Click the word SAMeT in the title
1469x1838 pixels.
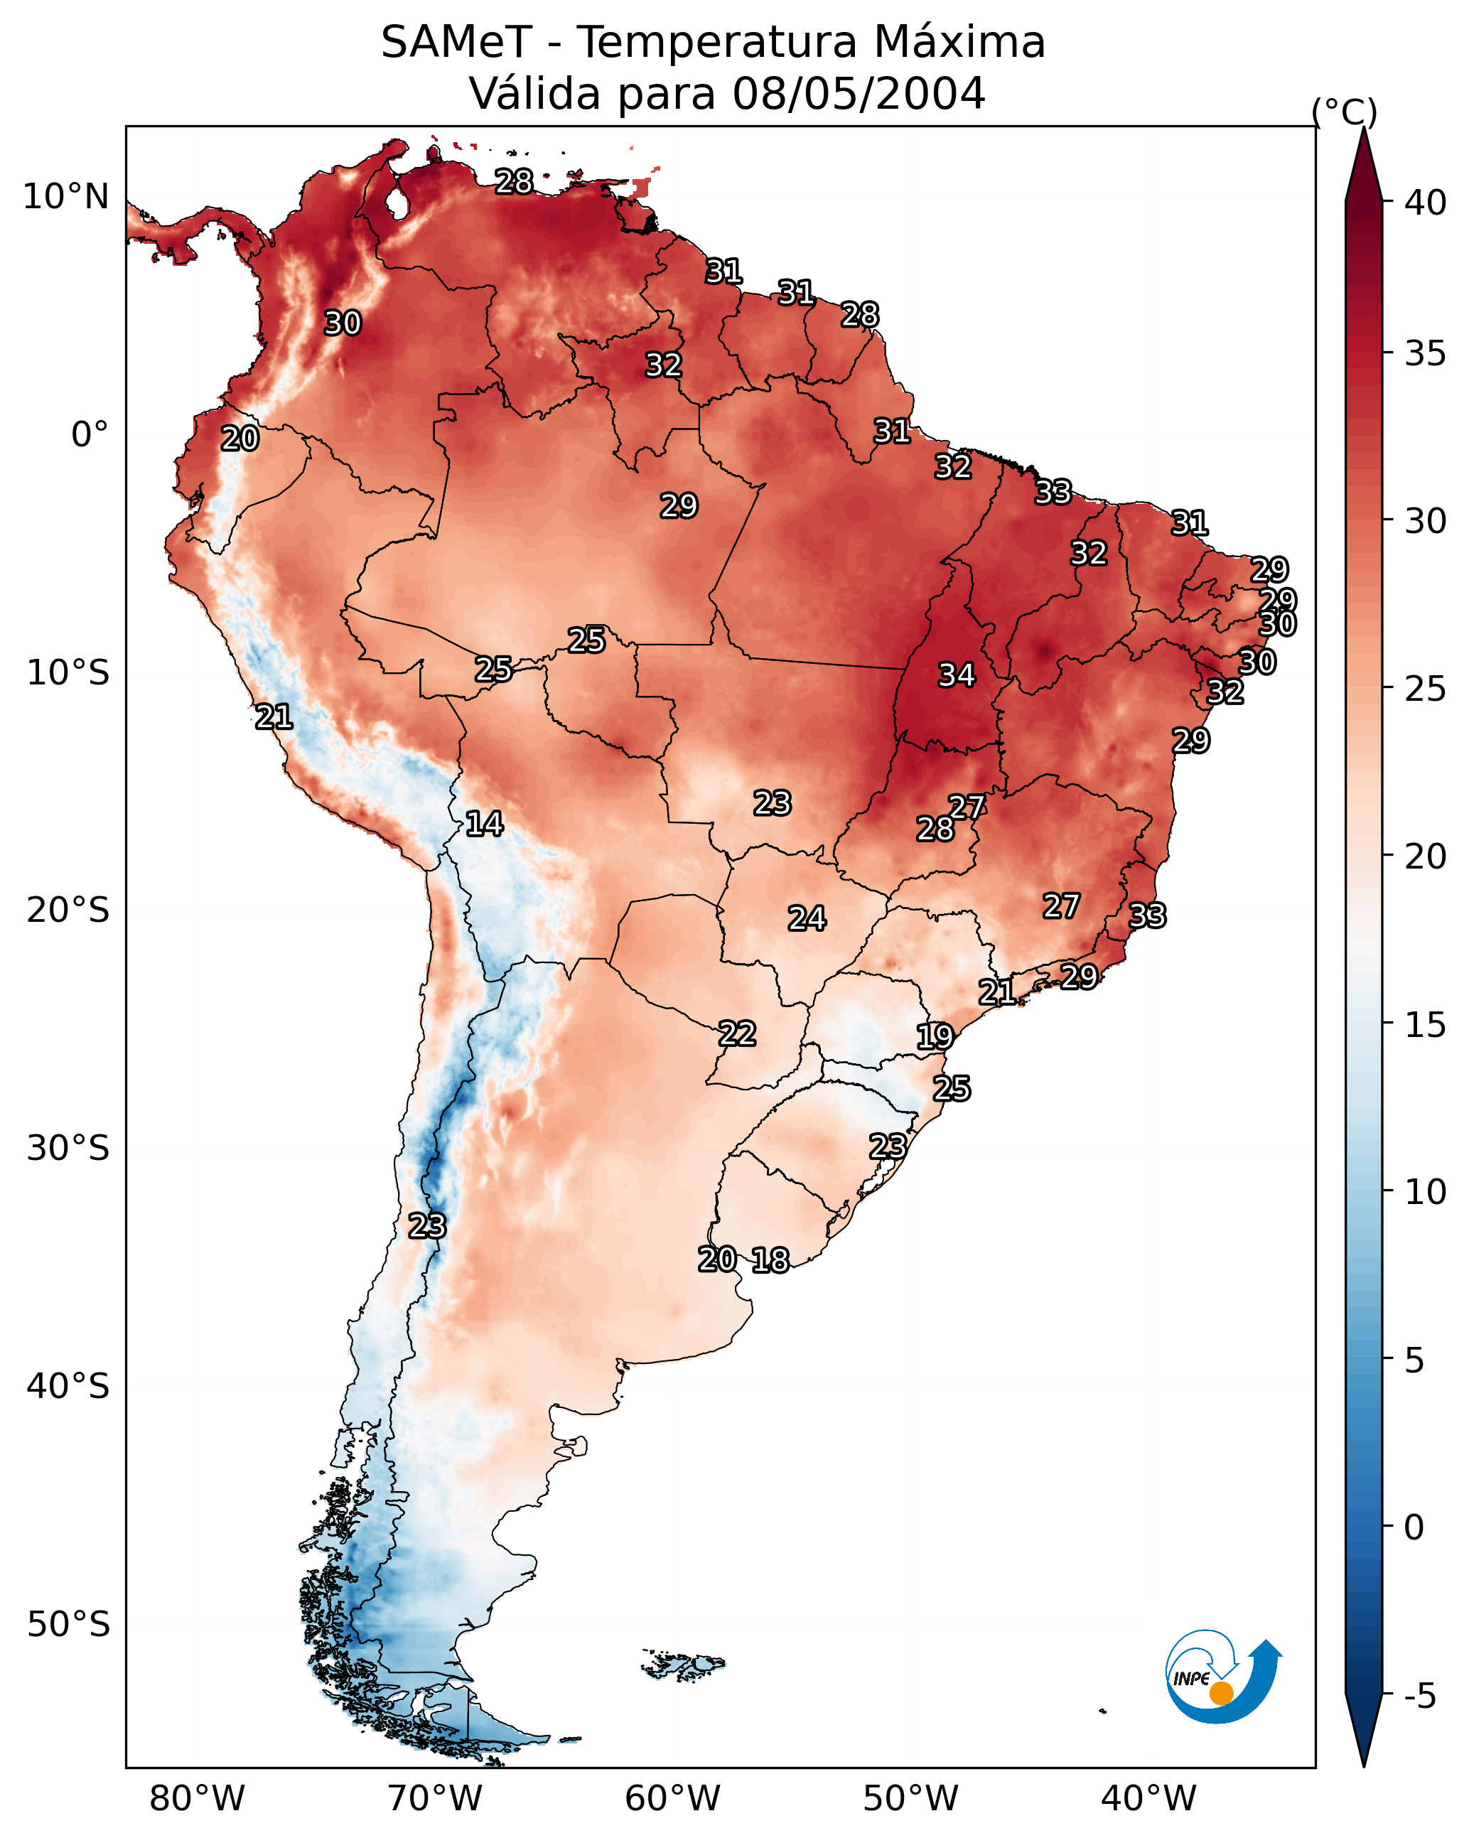point(456,43)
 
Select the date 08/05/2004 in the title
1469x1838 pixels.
point(859,94)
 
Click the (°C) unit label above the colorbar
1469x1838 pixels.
point(1344,112)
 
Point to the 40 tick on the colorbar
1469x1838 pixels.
point(1425,203)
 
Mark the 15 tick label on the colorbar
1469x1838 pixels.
point(1425,1025)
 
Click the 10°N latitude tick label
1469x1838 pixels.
point(65,197)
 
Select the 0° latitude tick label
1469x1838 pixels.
point(90,435)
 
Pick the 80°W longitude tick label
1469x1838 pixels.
point(197,1798)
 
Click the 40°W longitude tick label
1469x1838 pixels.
point(1148,1798)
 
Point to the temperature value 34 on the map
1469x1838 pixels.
point(957,675)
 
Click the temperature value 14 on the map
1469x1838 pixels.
point(484,824)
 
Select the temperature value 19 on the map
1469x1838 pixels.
point(935,1037)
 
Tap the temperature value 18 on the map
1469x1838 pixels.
point(770,1260)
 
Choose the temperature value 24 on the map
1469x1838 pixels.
point(807,919)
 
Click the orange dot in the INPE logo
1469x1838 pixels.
point(1221,1693)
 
